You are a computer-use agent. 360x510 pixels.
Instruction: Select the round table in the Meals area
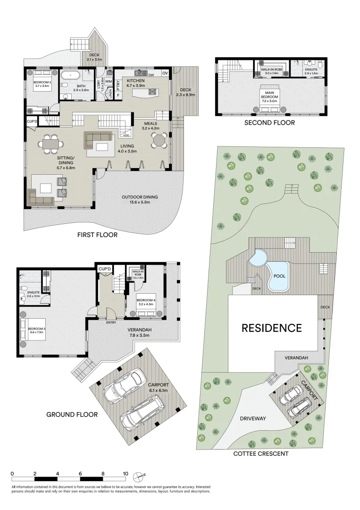(159, 140)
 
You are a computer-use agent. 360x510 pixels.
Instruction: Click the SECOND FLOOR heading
(269, 123)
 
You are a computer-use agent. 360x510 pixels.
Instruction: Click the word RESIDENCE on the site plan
(271, 328)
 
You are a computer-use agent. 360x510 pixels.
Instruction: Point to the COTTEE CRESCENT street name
(261, 454)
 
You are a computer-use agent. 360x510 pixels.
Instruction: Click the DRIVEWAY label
(253, 418)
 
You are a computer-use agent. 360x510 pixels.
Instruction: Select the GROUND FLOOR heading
(72, 415)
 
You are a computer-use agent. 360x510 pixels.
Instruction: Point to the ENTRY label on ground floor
(112, 323)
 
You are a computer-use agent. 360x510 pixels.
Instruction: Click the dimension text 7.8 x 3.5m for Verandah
(138, 335)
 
